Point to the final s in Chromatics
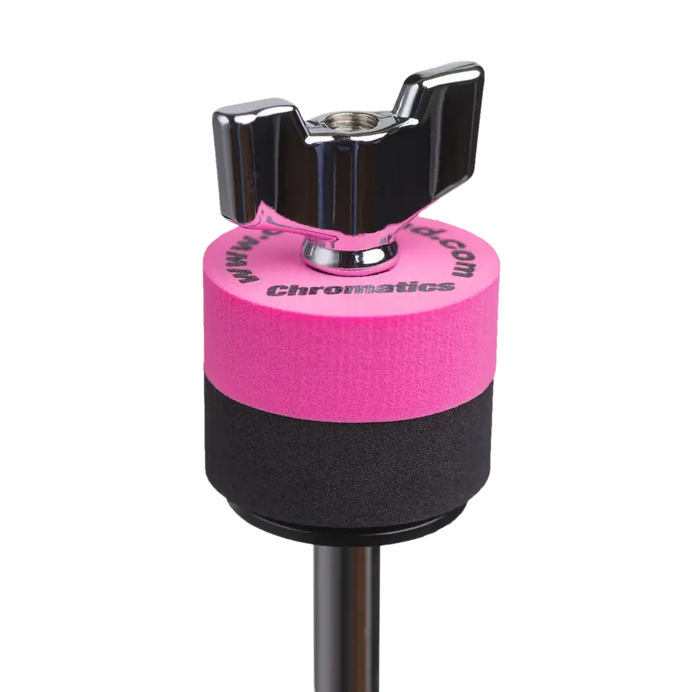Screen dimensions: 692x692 (x=448, y=286)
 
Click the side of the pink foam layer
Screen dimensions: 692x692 (x=346, y=346)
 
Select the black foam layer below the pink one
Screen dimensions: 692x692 (x=346, y=447)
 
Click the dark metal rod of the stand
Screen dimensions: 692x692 (x=346, y=620)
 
